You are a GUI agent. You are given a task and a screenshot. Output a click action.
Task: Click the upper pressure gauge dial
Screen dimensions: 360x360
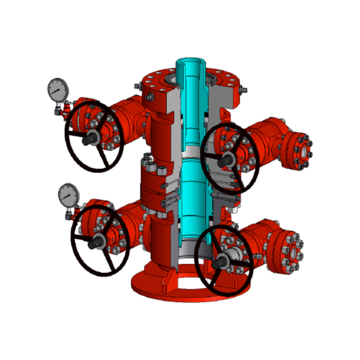[56, 89]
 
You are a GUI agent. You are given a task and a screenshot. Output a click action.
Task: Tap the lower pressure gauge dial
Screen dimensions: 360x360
[68, 194]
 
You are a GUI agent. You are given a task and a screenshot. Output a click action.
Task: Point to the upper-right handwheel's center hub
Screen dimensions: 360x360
[227, 159]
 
